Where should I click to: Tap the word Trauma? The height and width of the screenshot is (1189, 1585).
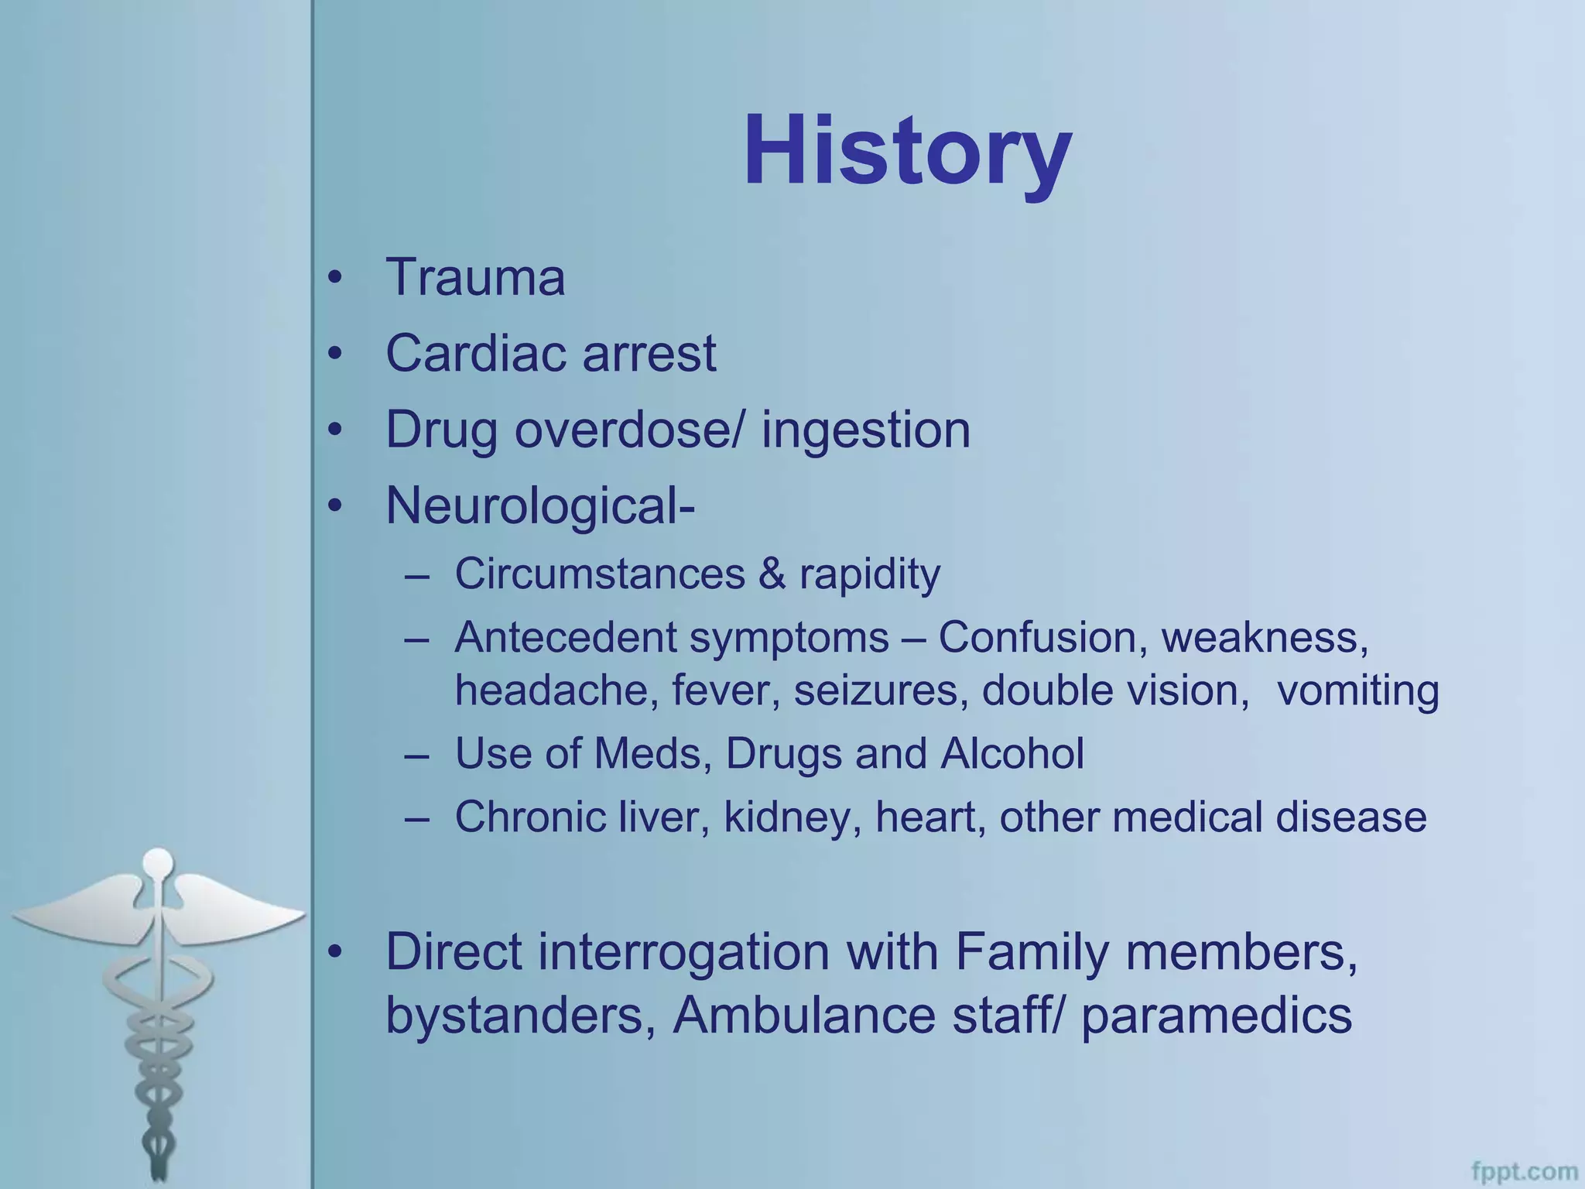pos(475,277)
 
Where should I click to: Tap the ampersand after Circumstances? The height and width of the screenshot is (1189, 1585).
pos(771,574)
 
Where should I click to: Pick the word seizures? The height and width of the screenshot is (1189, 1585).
pos(881,690)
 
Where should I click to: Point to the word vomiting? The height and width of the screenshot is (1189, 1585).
pos(1357,691)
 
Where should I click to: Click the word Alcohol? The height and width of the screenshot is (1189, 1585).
pos(1012,753)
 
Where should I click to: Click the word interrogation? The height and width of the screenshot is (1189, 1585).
pos(683,952)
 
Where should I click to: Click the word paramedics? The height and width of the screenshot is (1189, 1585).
pos(1216,1016)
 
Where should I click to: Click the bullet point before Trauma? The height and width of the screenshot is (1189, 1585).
pos(334,279)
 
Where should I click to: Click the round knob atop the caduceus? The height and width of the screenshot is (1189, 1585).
pos(159,863)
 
